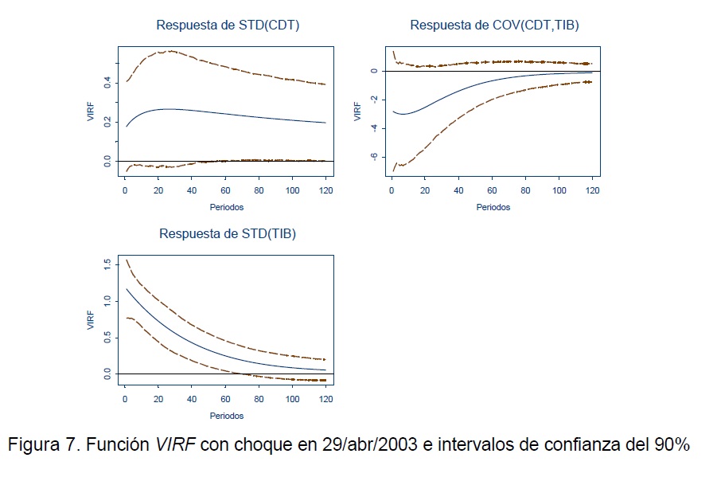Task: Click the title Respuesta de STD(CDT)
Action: pyautogui.click(x=228, y=25)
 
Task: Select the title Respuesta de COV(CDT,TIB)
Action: pyautogui.click(x=494, y=25)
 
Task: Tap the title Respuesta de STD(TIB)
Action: pyautogui.click(x=228, y=233)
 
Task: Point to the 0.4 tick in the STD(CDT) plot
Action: pyautogui.click(x=107, y=82)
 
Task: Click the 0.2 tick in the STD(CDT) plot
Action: pyautogui.click(x=107, y=122)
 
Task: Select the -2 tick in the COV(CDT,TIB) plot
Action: pyautogui.click(x=372, y=100)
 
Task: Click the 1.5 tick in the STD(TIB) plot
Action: pyautogui.click(x=107, y=264)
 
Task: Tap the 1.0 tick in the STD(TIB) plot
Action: pyautogui.click(x=107, y=300)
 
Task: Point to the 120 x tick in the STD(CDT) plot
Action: pyautogui.click(x=325, y=192)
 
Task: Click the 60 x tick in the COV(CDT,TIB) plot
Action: pyautogui.click(x=493, y=192)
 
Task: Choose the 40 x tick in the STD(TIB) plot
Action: pyautogui.click(x=192, y=400)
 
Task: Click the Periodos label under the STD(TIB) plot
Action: pyautogui.click(x=227, y=416)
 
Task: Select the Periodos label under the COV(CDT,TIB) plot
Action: pyautogui.click(x=493, y=208)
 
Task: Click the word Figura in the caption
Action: pyautogui.click(x=34, y=445)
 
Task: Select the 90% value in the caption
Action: pyautogui.click(x=671, y=445)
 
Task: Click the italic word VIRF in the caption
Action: pyautogui.click(x=175, y=445)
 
